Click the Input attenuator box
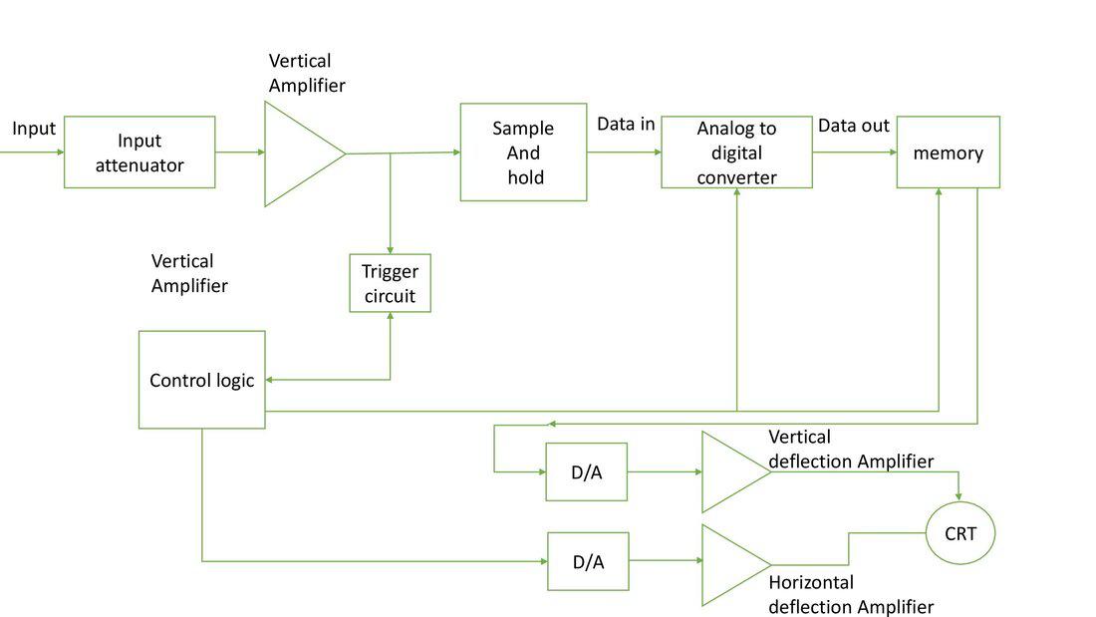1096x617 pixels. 139,153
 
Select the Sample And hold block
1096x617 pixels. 523,153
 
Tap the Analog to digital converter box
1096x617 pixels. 736,153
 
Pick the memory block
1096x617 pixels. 948,153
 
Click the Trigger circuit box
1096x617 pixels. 390,283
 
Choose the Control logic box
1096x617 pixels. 201,380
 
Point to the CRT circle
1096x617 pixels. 960,533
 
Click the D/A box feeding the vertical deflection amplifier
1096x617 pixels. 586,471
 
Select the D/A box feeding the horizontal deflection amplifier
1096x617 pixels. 588,561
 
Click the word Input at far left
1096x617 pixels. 34,129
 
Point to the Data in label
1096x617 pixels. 626,125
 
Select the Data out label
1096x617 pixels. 853,126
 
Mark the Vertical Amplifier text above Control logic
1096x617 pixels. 189,273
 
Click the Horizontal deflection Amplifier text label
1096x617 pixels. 851,594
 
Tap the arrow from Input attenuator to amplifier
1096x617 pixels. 240,153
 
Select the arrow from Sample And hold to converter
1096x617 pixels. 624,153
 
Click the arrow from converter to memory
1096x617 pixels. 854,153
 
